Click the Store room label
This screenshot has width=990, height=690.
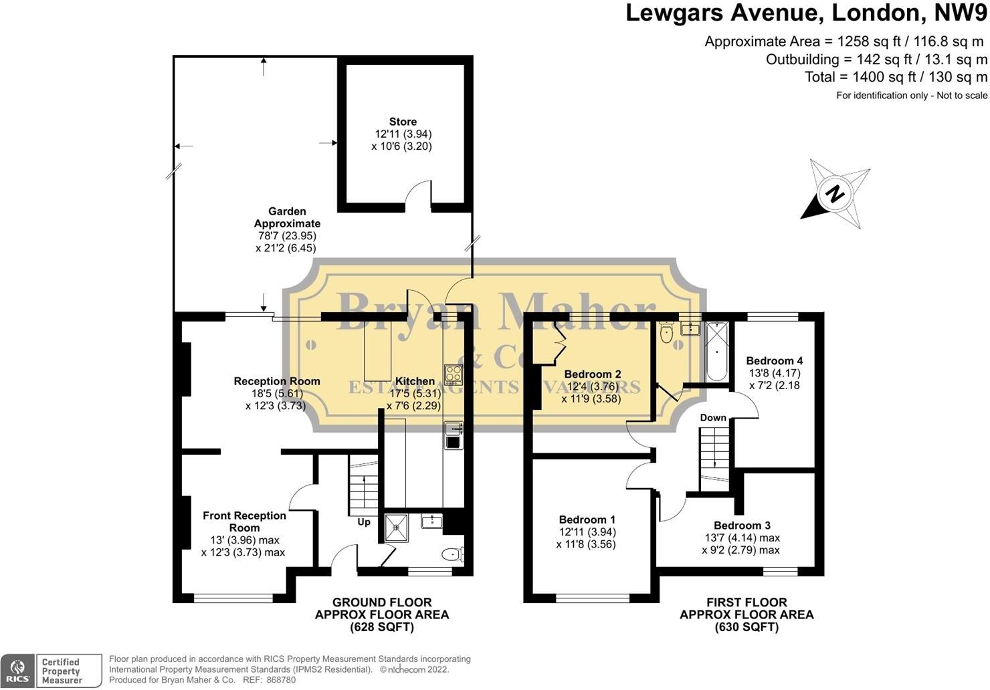403,122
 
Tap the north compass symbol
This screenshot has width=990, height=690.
835,194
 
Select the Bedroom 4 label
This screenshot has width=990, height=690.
775,360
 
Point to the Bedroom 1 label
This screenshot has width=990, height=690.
587,520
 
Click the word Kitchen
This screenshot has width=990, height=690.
415,381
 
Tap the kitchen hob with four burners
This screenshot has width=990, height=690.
454,374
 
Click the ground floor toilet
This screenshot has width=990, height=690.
452,554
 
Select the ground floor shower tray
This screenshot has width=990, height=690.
397,528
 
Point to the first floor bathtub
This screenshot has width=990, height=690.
716,351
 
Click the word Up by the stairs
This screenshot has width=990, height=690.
364,522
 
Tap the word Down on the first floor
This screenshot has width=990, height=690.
713,417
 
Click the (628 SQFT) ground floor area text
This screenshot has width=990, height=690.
382,627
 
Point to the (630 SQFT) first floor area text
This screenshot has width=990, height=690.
747,627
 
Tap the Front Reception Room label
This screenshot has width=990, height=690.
244,522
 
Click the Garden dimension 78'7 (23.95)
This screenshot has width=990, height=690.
287,235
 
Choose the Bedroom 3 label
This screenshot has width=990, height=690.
742,526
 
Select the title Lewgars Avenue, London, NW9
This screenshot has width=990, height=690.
806,13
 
